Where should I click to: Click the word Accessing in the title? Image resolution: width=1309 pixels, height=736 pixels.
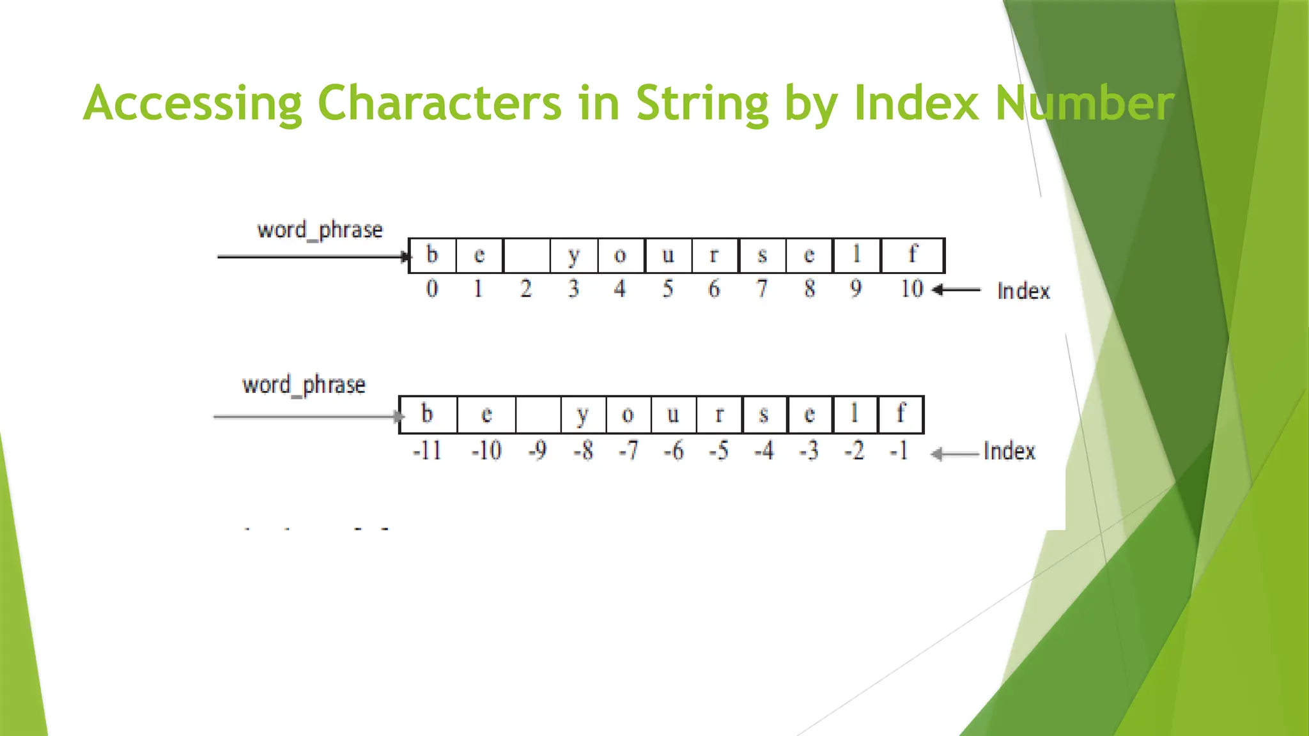(x=192, y=103)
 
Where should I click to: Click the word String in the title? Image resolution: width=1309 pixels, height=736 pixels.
(x=702, y=103)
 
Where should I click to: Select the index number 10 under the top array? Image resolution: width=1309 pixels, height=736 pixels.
(x=911, y=289)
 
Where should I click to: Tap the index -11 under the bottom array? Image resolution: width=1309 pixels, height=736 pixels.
(x=427, y=450)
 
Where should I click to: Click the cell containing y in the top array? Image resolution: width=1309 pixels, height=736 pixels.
(x=574, y=256)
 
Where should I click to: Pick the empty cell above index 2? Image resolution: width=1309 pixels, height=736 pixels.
(x=527, y=256)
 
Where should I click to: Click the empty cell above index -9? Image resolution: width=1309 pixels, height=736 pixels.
(x=538, y=415)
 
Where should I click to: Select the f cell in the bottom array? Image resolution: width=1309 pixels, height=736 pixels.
(x=901, y=415)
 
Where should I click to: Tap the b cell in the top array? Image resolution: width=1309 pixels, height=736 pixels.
(x=432, y=256)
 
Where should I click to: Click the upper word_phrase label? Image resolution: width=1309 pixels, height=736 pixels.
(x=320, y=230)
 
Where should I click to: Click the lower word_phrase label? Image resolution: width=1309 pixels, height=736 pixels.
(x=304, y=385)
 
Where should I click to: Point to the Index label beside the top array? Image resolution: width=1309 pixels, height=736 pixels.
(x=1023, y=291)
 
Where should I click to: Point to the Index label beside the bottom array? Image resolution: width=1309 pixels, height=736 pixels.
(x=1009, y=452)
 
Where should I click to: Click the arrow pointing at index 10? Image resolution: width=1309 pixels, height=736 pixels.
(x=956, y=290)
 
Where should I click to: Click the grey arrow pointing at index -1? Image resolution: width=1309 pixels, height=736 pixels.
(x=954, y=454)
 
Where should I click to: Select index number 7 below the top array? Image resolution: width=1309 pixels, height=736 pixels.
(x=762, y=289)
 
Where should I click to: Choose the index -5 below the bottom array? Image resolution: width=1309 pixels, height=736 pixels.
(x=718, y=450)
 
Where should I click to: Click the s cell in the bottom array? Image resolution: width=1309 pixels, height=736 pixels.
(x=764, y=415)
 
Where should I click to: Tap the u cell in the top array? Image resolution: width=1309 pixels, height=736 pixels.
(x=668, y=256)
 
